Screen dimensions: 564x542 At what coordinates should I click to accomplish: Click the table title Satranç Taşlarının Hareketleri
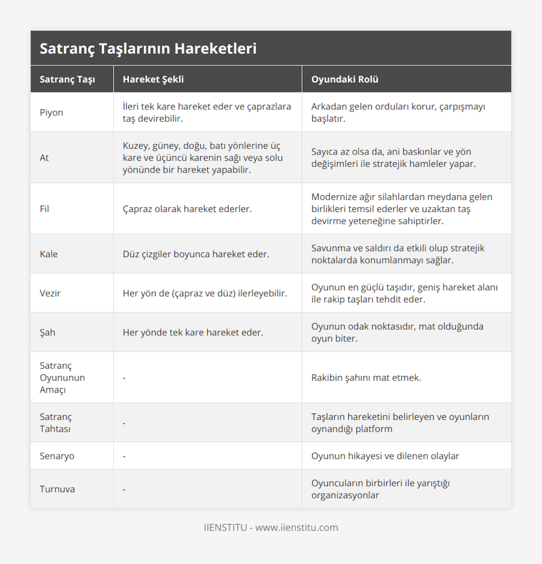pyautogui.click(x=148, y=48)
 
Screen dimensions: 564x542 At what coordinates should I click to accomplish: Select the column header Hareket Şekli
pyautogui.click(x=153, y=79)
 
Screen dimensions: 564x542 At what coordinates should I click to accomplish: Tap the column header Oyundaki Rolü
pyautogui.click(x=345, y=79)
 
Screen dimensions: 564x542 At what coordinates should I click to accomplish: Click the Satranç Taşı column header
pyautogui.click(x=67, y=79)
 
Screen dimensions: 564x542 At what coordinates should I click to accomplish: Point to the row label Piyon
pyautogui.click(x=51, y=113)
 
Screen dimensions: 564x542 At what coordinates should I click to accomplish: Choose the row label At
pyautogui.click(x=44, y=158)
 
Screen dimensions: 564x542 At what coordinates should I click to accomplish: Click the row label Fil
pyautogui.click(x=44, y=209)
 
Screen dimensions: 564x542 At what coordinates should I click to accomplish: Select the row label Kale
pyautogui.click(x=49, y=254)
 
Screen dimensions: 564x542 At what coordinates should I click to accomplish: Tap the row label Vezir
pyautogui.click(x=50, y=293)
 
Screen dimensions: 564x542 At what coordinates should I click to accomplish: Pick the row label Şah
pyautogui.click(x=47, y=333)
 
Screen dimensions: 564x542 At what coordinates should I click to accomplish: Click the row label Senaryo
pyautogui.click(x=57, y=456)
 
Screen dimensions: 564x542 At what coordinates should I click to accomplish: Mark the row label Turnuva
pyautogui.click(x=57, y=489)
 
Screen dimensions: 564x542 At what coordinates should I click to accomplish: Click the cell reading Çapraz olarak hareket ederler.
pyautogui.click(x=187, y=209)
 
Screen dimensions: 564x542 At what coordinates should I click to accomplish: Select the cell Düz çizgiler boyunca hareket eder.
pyautogui.click(x=196, y=254)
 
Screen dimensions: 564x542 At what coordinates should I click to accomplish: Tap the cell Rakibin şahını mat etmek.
pyautogui.click(x=366, y=378)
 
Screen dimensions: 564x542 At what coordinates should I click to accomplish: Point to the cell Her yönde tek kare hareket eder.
pyautogui.click(x=193, y=333)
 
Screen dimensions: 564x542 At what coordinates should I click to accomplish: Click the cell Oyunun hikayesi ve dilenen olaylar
pyautogui.click(x=385, y=456)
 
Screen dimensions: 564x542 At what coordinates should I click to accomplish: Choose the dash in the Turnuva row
pyautogui.click(x=124, y=489)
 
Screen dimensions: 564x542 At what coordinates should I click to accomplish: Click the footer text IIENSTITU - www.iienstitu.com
pyautogui.click(x=271, y=527)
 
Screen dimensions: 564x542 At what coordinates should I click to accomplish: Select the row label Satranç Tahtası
pyautogui.click(x=56, y=423)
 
